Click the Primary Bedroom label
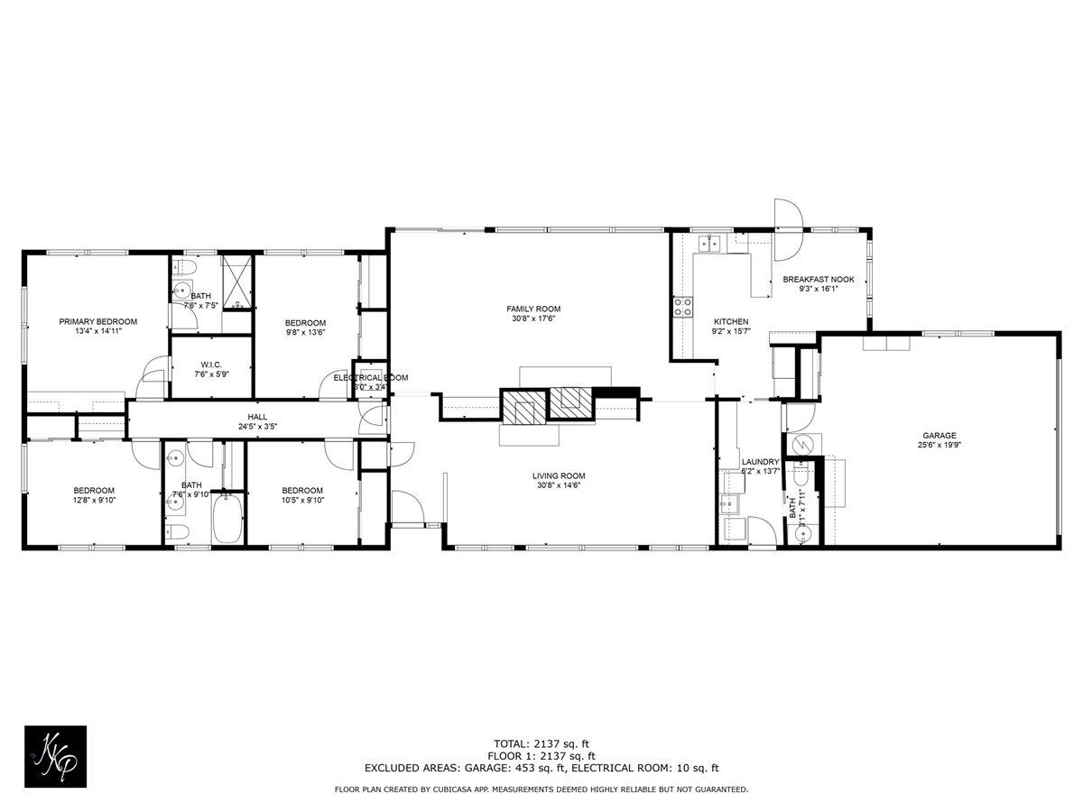(97, 321)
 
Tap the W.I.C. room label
(211, 364)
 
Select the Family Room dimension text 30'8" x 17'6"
(533, 318)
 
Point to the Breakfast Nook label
(818, 280)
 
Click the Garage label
(939, 435)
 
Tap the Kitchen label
(731, 321)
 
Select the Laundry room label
(759, 461)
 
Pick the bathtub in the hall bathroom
(227, 519)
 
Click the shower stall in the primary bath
(237, 283)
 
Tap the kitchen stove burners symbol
(682, 307)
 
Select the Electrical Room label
(371, 377)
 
